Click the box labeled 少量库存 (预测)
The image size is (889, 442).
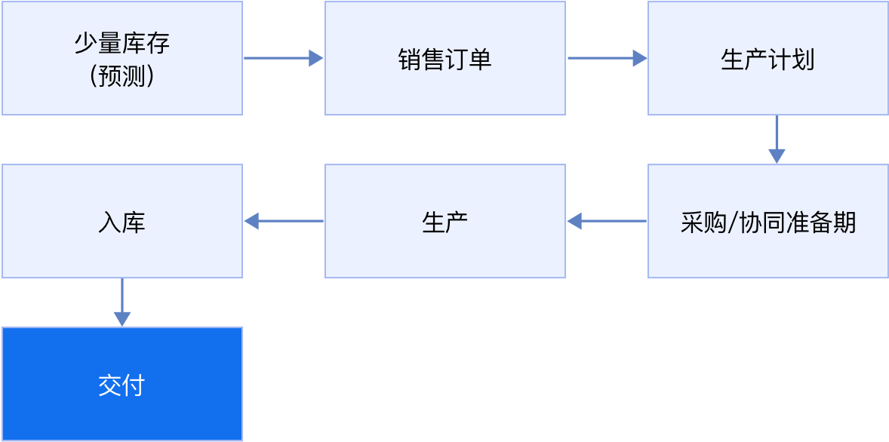(x=122, y=58)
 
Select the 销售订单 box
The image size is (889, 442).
(x=445, y=58)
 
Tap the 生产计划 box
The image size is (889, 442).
(x=768, y=58)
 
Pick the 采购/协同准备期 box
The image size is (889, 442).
(x=768, y=221)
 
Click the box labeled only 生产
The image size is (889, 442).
(x=445, y=221)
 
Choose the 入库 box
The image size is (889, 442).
(x=122, y=221)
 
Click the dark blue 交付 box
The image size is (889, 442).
(x=122, y=384)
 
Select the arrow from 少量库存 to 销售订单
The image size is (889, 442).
(x=284, y=58)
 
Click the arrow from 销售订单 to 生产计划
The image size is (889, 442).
(x=608, y=58)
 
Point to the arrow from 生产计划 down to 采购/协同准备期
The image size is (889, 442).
(x=777, y=140)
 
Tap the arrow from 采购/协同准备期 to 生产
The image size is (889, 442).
(x=607, y=221)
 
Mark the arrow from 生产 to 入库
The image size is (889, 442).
(x=284, y=221)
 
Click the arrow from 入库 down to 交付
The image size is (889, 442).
(x=122, y=302)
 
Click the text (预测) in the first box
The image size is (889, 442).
(x=122, y=77)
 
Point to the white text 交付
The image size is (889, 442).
(x=122, y=386)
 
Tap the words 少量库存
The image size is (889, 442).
(x=122, y=43)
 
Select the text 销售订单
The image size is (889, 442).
(x=445, y=60)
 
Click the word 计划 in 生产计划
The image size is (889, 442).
(x=792, y=60)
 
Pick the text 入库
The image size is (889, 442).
(x=122, y=223)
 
